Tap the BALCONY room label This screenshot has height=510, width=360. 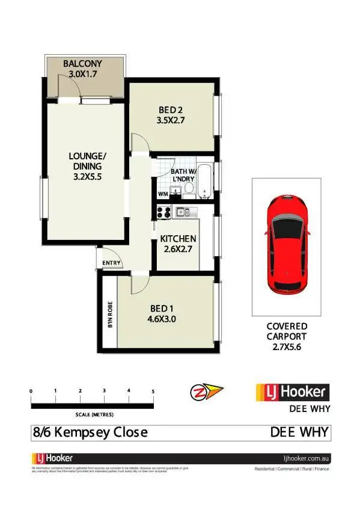pos(83,63)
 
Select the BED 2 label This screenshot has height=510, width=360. pos(171,109)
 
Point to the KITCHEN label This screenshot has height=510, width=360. pos(178,239)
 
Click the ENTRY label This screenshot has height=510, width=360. pos(112,263)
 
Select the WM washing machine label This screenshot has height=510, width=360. pos(162,194)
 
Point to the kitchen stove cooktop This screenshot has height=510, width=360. pos(163,212)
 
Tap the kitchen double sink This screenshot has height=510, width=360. pos(183,212)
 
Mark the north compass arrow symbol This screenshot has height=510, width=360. pos(206,392)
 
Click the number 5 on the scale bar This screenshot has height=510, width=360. pos(153,392)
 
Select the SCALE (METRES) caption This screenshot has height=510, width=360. pos(94,415)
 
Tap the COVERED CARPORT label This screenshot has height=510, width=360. pos(287,331)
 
